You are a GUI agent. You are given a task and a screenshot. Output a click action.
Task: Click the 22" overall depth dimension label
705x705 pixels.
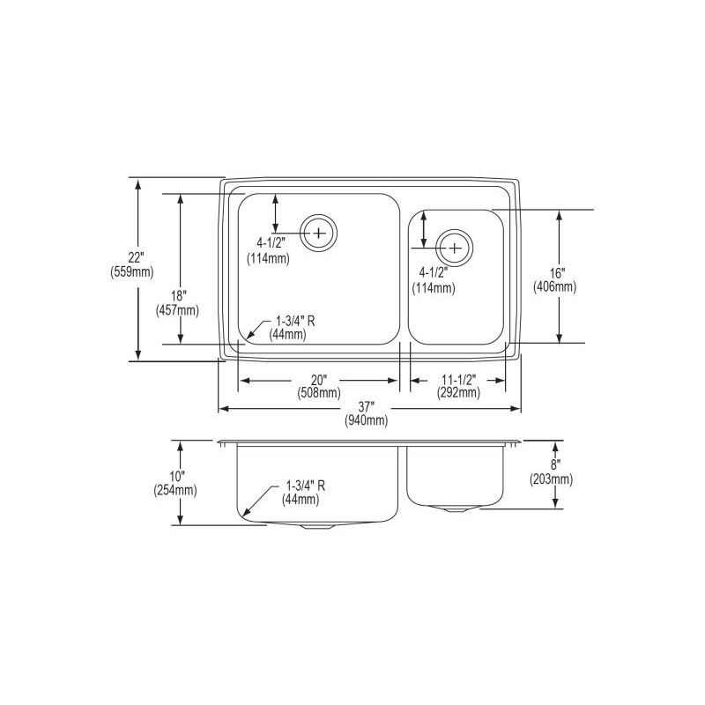[135, 257]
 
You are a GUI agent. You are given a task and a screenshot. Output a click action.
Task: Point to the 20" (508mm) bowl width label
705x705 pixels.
[319, 386]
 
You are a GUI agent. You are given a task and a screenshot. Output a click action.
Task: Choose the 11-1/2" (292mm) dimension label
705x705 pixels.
[457, 386]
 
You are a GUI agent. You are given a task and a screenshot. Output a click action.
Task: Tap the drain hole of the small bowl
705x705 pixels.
[455, 248]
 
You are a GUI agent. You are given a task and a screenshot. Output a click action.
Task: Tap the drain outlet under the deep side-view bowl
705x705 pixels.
[315, 526]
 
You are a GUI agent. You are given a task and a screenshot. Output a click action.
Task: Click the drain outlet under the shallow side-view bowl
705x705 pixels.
[455, 509]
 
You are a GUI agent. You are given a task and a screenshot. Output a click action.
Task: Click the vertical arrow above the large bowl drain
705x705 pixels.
[276, 213]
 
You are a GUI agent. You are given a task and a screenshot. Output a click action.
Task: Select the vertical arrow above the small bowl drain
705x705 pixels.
[425, 228]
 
